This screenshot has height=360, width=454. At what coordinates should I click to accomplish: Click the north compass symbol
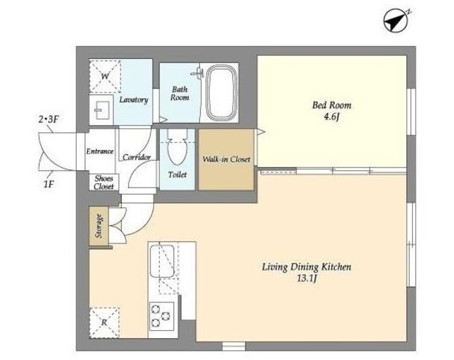(x=396, y=21)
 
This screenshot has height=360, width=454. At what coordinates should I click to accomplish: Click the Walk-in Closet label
(x=226, y=159)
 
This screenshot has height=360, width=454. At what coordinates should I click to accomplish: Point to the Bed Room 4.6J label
(x=332, y=111)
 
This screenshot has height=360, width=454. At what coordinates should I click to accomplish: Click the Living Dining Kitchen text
(x=306, y=267)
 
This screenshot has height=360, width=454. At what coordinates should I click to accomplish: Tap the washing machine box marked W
(x=105, y=77)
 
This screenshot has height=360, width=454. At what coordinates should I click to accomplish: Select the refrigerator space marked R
(x=104, y=322)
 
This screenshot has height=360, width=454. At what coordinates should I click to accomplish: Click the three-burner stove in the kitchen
(x=162, y=316)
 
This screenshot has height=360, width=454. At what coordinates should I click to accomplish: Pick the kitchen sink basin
(x=162, y=261)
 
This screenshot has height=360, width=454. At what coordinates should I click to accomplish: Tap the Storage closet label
(x=99, y=226)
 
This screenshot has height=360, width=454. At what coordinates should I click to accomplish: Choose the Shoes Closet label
(x=104, y=182)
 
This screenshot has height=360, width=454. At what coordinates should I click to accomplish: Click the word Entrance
(x=99, y=151)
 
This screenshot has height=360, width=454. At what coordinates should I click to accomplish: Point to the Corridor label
(x=137, y=158)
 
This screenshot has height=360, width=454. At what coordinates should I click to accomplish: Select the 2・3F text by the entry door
(x=49, y=119)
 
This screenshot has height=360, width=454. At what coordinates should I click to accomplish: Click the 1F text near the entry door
(x=49, y=184)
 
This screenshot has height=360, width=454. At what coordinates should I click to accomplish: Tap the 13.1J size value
(x=307, y=278)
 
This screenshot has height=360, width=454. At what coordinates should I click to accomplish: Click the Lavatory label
(x=134, y=100)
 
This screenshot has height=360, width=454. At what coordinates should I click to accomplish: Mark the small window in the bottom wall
(x=233, y=346)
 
